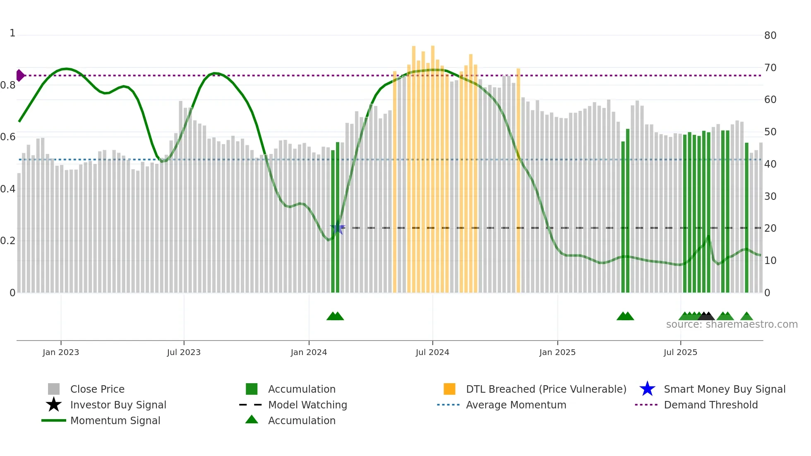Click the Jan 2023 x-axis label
coord(60,352)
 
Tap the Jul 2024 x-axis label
coord(432,352)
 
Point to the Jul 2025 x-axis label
coord(680,352)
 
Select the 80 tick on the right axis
coord(770,36)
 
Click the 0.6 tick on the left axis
coord(8,137)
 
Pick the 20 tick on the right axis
coord(770,228)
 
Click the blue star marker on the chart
coord(337,228)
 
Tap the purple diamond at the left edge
coord(20,75)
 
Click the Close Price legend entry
coord(97,389)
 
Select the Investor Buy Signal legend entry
coord(118,405)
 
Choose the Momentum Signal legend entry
coord(115,420)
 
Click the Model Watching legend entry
coord(307,405)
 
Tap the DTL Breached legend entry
coord(546,389)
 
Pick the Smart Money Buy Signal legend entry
coord(724,389)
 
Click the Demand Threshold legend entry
coord(710,405)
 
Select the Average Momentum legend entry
coord(516,405)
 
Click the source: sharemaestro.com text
coord(732,324)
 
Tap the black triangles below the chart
coord(706,317)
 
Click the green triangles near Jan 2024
coord(335,317)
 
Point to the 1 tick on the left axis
coord(12,33)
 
